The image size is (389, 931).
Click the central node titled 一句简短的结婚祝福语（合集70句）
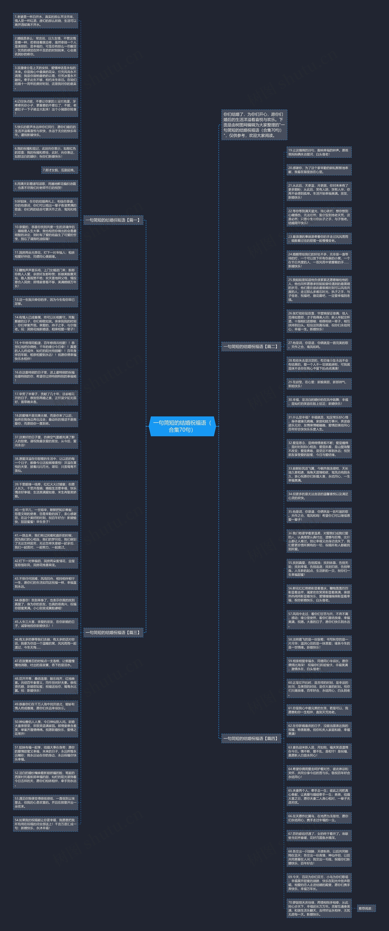point(182,426)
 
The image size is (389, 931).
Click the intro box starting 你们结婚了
point(254,125)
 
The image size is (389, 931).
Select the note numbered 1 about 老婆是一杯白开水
point(45,21)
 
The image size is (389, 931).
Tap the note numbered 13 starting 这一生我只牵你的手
point(45,301)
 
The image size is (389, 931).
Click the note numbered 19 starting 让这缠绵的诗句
point(319,152)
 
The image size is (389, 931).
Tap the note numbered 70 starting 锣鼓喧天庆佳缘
point(319,908)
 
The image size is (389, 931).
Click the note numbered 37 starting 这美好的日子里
point(45,441)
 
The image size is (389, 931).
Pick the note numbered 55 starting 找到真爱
point(319,568)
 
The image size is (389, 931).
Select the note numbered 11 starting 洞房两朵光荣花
point(45,254)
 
